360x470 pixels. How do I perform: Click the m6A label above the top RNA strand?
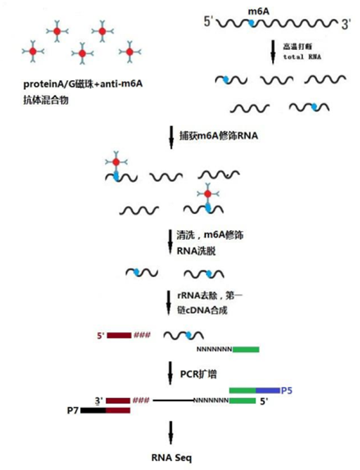coord(259,11)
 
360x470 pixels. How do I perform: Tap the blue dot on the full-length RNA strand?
coord(252,23)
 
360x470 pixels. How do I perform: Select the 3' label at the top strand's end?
coord(346,25)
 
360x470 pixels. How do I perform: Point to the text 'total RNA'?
coord(302,57)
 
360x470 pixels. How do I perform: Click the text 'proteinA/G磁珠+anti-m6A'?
coord(83,84)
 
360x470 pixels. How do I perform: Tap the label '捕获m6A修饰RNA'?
coord(219,136)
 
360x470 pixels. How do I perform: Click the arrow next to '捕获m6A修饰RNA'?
coord(172,138)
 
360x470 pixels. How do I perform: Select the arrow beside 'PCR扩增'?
coord(170,373)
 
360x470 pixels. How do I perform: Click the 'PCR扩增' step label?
coord(198,374)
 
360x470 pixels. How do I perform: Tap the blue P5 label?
coord(287,390)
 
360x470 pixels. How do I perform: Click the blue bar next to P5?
coord(268,390)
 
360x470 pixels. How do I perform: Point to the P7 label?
coord(73,410)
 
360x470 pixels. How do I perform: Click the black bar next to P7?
coord(94,410)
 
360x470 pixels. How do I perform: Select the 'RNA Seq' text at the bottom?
coord(172,458)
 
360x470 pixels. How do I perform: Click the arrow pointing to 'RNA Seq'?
coord(171,433)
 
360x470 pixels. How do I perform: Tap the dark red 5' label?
coord(101,336)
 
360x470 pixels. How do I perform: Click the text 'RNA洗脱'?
coord(196,250)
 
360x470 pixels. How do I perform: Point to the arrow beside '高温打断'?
coord(273,52)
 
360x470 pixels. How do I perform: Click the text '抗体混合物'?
coord(46,100)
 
